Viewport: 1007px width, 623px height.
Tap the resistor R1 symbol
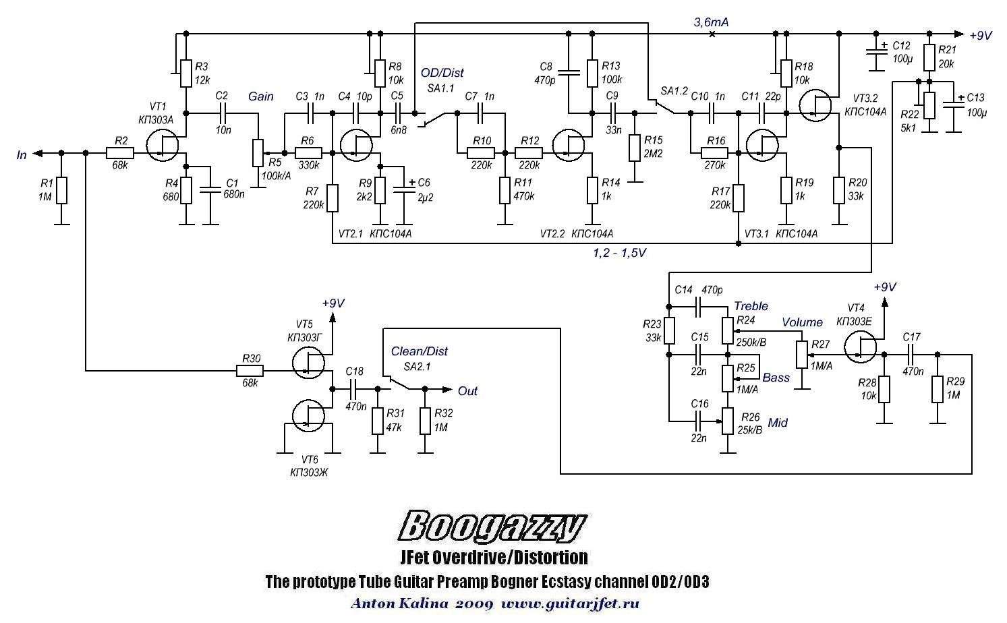click(62, 190)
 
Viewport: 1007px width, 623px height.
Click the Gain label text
click(260, 96)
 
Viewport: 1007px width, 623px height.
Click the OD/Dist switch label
click(442, 73)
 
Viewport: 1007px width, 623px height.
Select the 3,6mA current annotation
click(711, 23)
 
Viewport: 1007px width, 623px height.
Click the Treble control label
click(751, 306)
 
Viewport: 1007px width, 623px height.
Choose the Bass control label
click(776, 378)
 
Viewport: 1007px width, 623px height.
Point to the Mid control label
click(778, 423)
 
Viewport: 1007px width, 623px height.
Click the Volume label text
click(802, 322)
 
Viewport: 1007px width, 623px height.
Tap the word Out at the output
click(467, 391)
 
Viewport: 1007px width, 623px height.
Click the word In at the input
click(22, 155)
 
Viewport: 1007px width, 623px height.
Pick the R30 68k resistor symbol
click(250, 370)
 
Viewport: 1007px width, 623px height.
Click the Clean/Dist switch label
click(419, 351)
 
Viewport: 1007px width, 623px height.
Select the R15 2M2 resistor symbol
click(634, 148)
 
